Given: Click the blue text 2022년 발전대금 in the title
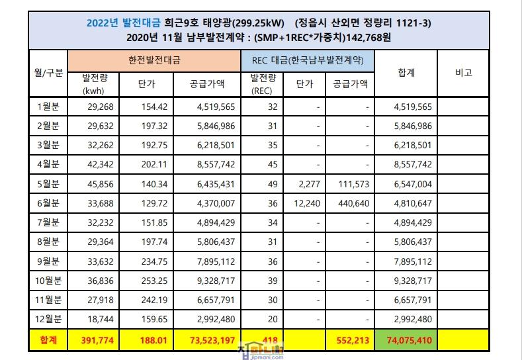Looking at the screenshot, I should (x=115, y=23).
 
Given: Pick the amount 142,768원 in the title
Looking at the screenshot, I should (x=367, y=38).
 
